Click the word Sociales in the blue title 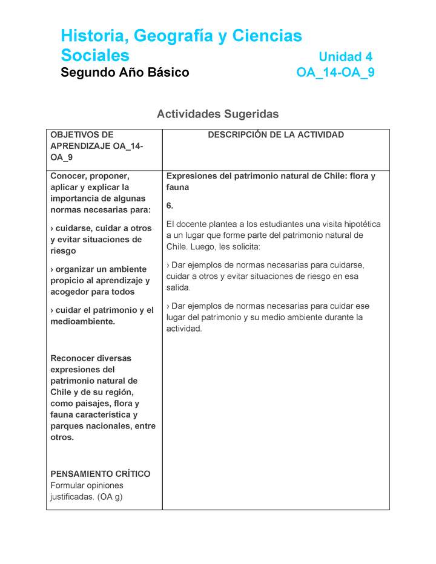(95, 55)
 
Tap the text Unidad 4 (345, 57)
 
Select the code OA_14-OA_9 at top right (335, 73)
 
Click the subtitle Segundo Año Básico (125, 73)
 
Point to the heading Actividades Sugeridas (217, 114)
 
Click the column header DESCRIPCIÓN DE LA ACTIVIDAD (276, 135)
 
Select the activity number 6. (170, 206)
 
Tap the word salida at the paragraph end (178, 287)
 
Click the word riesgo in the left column (63, 251)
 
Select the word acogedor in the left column (71, 292)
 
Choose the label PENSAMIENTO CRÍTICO (101, 474)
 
